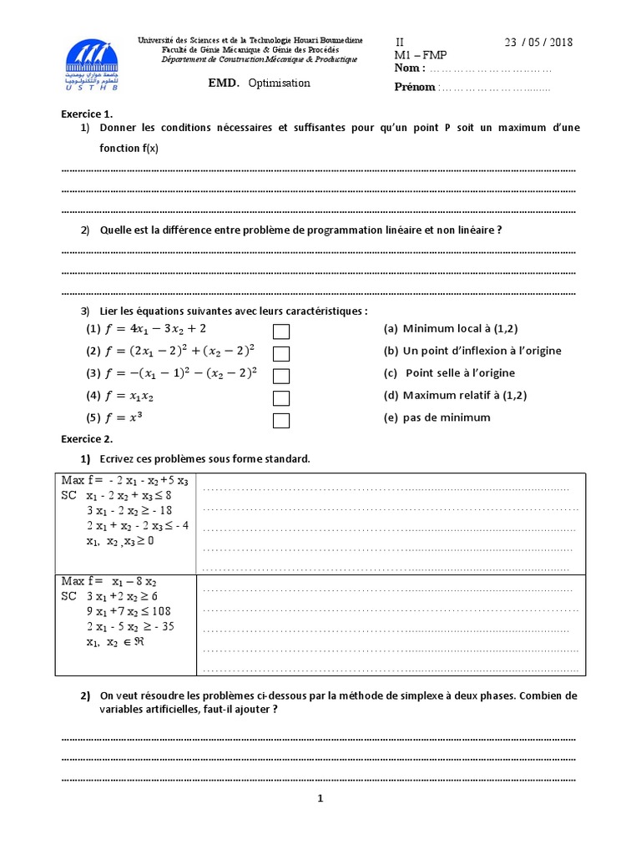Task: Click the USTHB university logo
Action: click(x=92, y=64)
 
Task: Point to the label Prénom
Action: click(x=415, y=87)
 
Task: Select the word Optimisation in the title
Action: click(x=279, y=83)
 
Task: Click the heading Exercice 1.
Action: click(x=87, y=114)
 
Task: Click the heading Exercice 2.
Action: click(x=87, y=438)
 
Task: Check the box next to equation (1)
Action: click(x=281, y=331)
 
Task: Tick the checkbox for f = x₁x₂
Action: click(x=281, y=397)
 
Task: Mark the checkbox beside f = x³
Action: click(x=281, y=420)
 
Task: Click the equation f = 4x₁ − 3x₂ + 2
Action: click(x=154, y=329)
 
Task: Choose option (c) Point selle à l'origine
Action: click(x=449, y=373)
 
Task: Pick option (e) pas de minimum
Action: click(x=437, y=417)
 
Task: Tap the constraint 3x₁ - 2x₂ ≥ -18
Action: click(x=130, y=510)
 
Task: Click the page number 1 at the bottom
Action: click(x=320, y=798)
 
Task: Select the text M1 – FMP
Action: click(x=421, y=55)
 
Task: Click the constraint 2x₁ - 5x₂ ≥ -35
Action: click(x=130, y=626)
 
